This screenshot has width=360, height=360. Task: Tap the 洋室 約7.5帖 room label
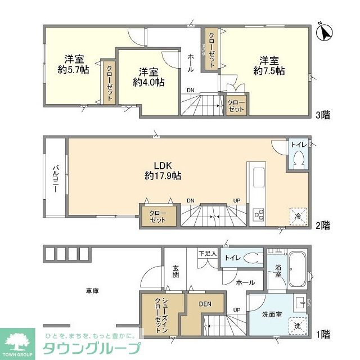[x=269, y=65]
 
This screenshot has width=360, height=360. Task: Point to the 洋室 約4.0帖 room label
[x=148, y=76]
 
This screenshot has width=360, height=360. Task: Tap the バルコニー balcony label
[x=56, y=179]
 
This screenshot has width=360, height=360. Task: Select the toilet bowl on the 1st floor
[x=255, y=259]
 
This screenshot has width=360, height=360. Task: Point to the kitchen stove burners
[x=259, y=214]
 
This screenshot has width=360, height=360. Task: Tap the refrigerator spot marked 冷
[x=298, y=215]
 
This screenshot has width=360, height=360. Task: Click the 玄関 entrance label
[x=175, y=271]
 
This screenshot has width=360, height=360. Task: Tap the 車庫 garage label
[x=92, y=291]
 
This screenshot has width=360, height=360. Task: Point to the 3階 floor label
[x=322, y=115]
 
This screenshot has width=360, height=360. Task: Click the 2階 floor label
[x=322, y=225]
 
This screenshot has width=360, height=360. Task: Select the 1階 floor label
[x=322, y=335]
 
